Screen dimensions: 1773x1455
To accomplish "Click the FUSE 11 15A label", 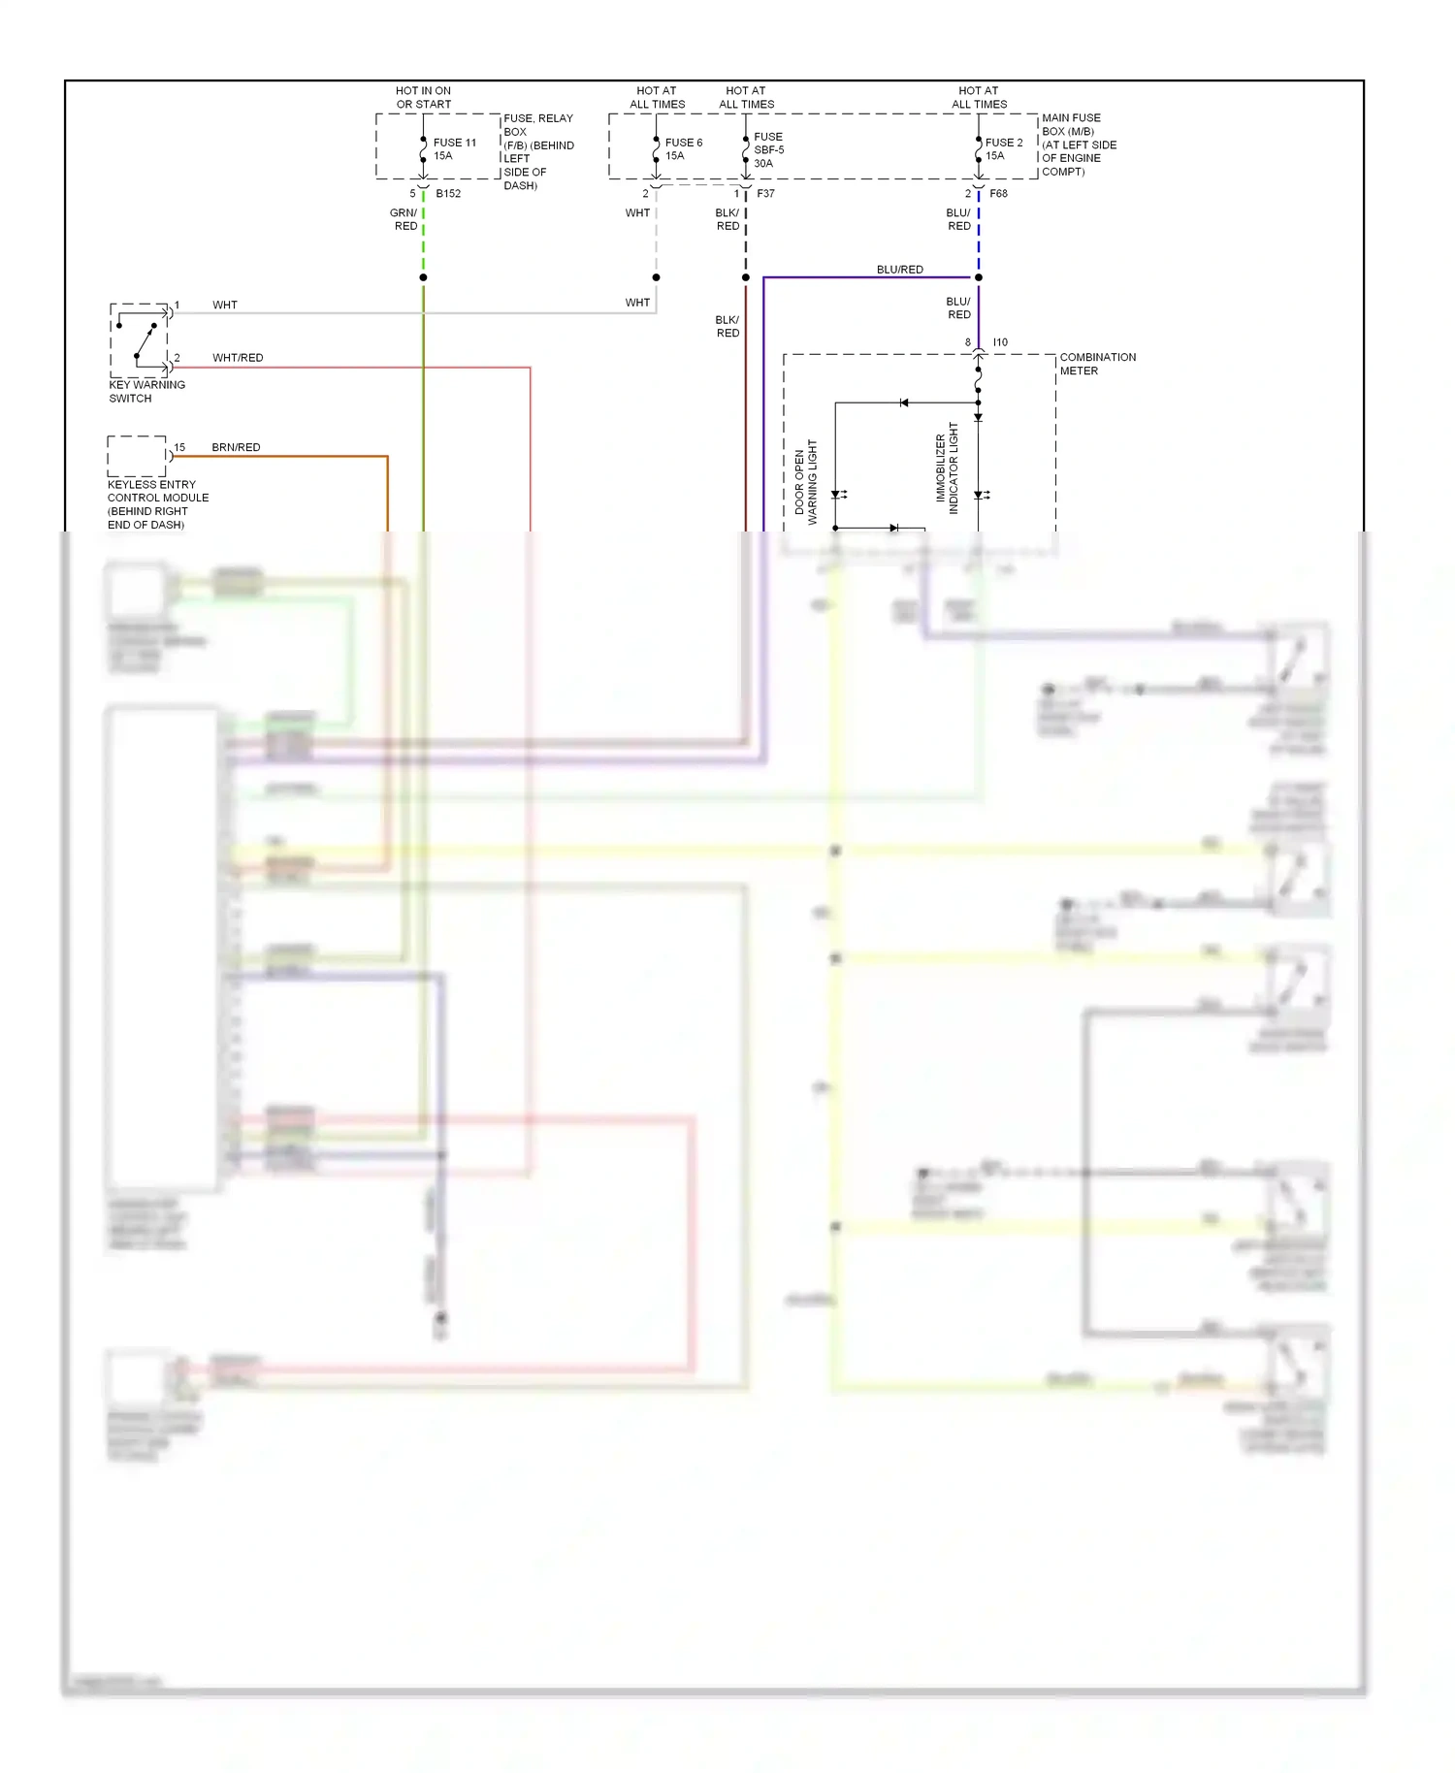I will [x=454, y=148].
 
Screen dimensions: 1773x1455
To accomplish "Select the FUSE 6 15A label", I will [x=683, y=148].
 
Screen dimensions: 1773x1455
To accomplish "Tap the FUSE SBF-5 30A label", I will [x=768, y=149].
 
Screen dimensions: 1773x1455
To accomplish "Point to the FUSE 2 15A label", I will [x=1003, y=148].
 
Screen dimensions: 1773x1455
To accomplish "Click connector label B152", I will [x=448, y=193].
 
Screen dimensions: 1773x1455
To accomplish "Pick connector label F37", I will [x=765, y=193].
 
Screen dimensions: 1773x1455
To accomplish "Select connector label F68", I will [x=998, y=193].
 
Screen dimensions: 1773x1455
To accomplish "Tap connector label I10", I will [x=1000, y=342].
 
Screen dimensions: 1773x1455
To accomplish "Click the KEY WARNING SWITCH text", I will [x=146, y=391].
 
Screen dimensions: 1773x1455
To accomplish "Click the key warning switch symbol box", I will [x=139, y=339].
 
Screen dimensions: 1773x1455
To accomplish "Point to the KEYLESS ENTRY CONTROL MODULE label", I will [x=157, y=503].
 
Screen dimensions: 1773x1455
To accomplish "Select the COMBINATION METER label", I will [x=1097, y=364].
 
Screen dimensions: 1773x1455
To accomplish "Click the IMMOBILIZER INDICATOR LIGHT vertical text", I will [x=947, y=467].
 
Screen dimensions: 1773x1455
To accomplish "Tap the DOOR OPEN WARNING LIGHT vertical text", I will [x=806, y=482].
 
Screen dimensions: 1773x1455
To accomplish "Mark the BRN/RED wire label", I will [x=236, y=447].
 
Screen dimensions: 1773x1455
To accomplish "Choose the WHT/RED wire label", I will [x=238, y=358].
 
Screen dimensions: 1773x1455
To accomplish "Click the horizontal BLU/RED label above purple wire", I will [x=899, y=270].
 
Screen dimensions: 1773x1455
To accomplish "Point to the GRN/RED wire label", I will [x=404, y=219].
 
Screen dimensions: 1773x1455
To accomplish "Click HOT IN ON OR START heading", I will [x=423, y=97].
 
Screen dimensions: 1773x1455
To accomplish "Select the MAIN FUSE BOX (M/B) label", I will [x=1078, y=145].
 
